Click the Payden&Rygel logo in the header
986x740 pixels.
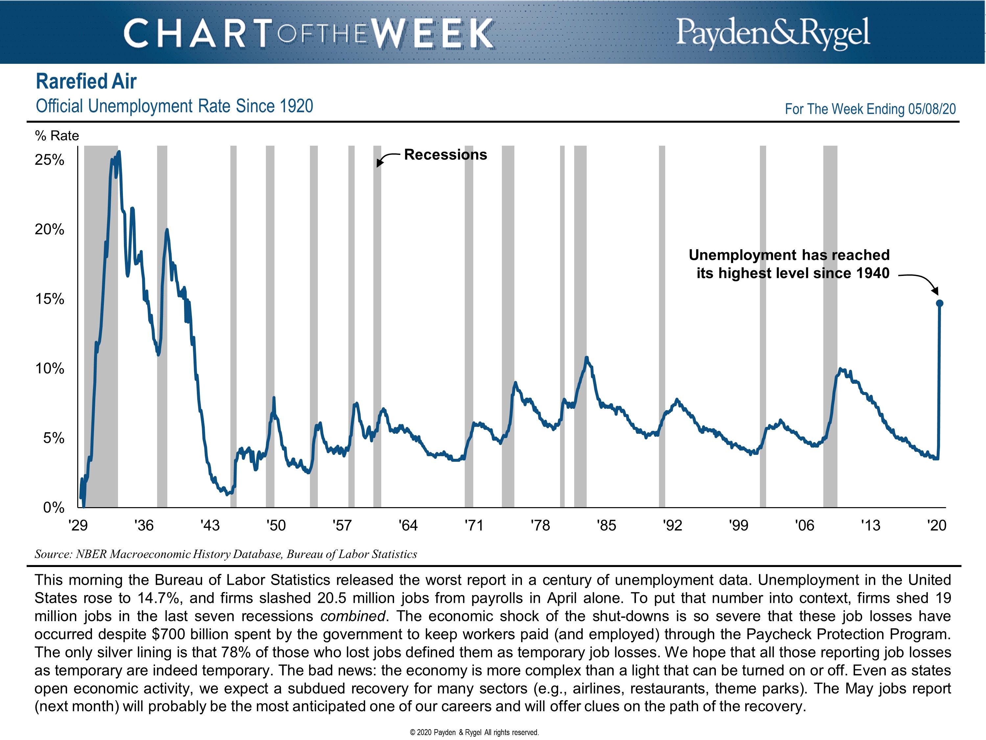(772, 32)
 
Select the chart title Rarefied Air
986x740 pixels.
(86, 82)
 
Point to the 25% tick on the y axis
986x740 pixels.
(50, 160)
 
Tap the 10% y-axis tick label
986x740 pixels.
(50, 368)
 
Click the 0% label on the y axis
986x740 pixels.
(54, 507)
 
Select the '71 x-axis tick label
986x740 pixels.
(474, 526)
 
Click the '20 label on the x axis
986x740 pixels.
(936, 526)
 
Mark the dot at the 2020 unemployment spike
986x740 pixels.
(939, 303)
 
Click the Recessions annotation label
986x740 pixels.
(445, 155)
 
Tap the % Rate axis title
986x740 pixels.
(57, 136)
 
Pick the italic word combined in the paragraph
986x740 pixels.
(352, 616)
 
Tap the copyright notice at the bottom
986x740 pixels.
(474, 732)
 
